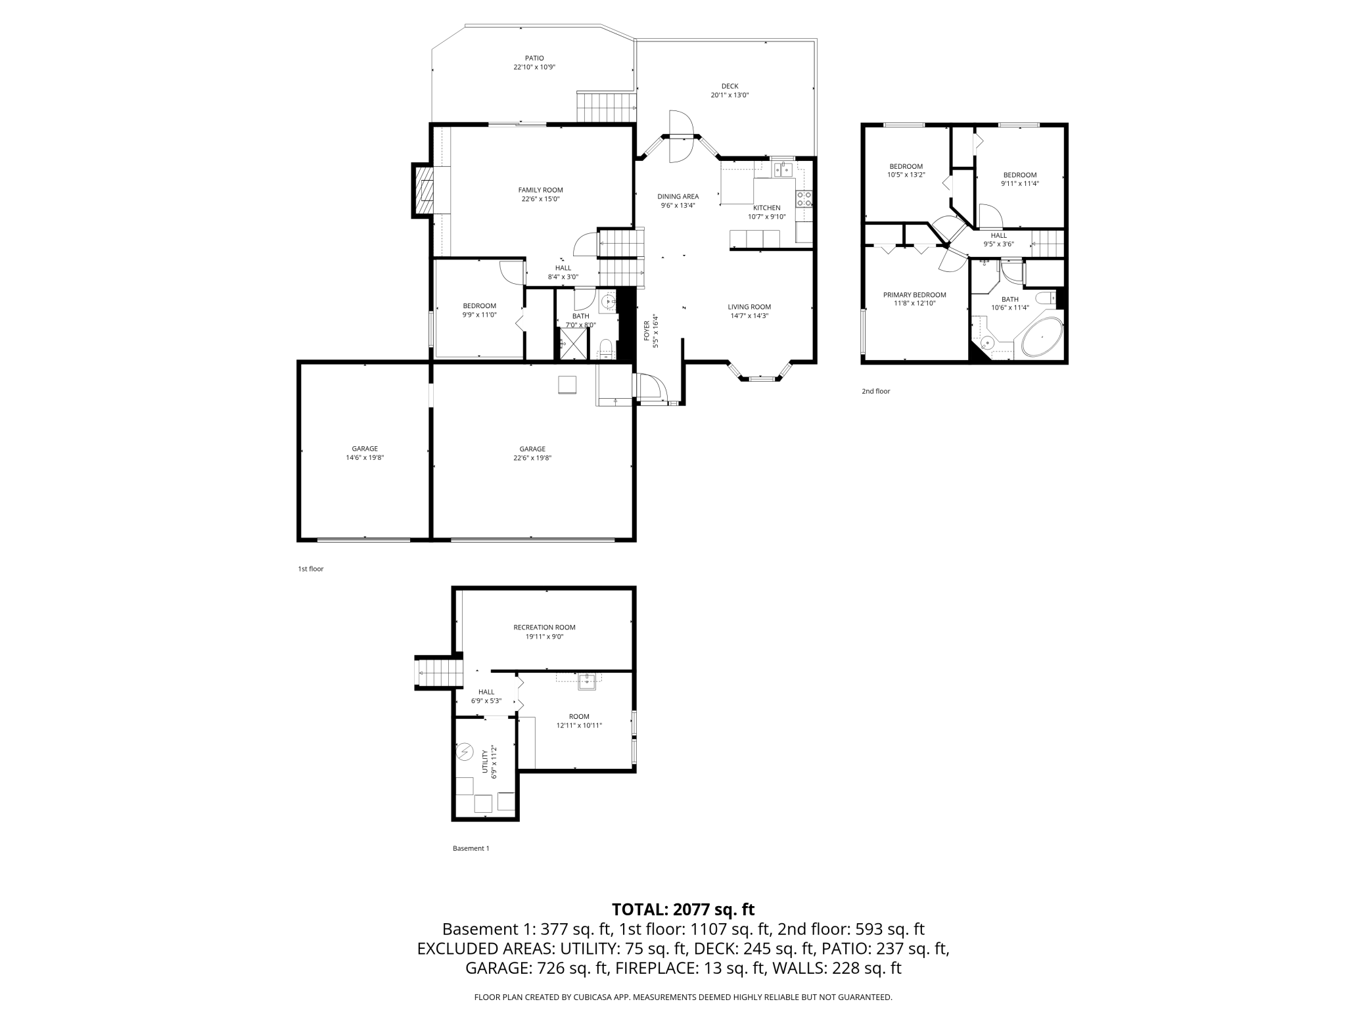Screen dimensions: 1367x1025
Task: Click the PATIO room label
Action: coord(534,58)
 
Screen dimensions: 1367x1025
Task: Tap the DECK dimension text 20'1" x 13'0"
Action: coord(730,95)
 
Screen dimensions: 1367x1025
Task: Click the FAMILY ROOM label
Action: coord(540,190)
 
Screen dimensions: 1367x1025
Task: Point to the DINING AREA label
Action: coord(678,196)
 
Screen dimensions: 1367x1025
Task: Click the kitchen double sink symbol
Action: coord(783,170)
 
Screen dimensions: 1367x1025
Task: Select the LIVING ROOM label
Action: coord(749,307)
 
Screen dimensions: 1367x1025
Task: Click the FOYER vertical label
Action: coord(647,331)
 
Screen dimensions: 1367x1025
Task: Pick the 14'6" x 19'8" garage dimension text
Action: coord(365,458)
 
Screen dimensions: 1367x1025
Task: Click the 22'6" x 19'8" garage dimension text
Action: coord(532,458)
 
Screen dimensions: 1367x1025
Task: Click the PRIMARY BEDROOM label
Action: coord(915,295)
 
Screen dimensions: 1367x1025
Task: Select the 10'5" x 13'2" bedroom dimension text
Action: coord(906,175)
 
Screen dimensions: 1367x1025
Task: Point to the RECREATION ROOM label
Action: coord(544,627)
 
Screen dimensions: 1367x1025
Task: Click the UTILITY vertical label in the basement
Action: coord(485,761)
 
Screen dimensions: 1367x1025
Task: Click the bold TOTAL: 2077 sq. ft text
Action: coord(683,909)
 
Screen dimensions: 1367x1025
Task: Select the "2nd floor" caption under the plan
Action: coord(876,392)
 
